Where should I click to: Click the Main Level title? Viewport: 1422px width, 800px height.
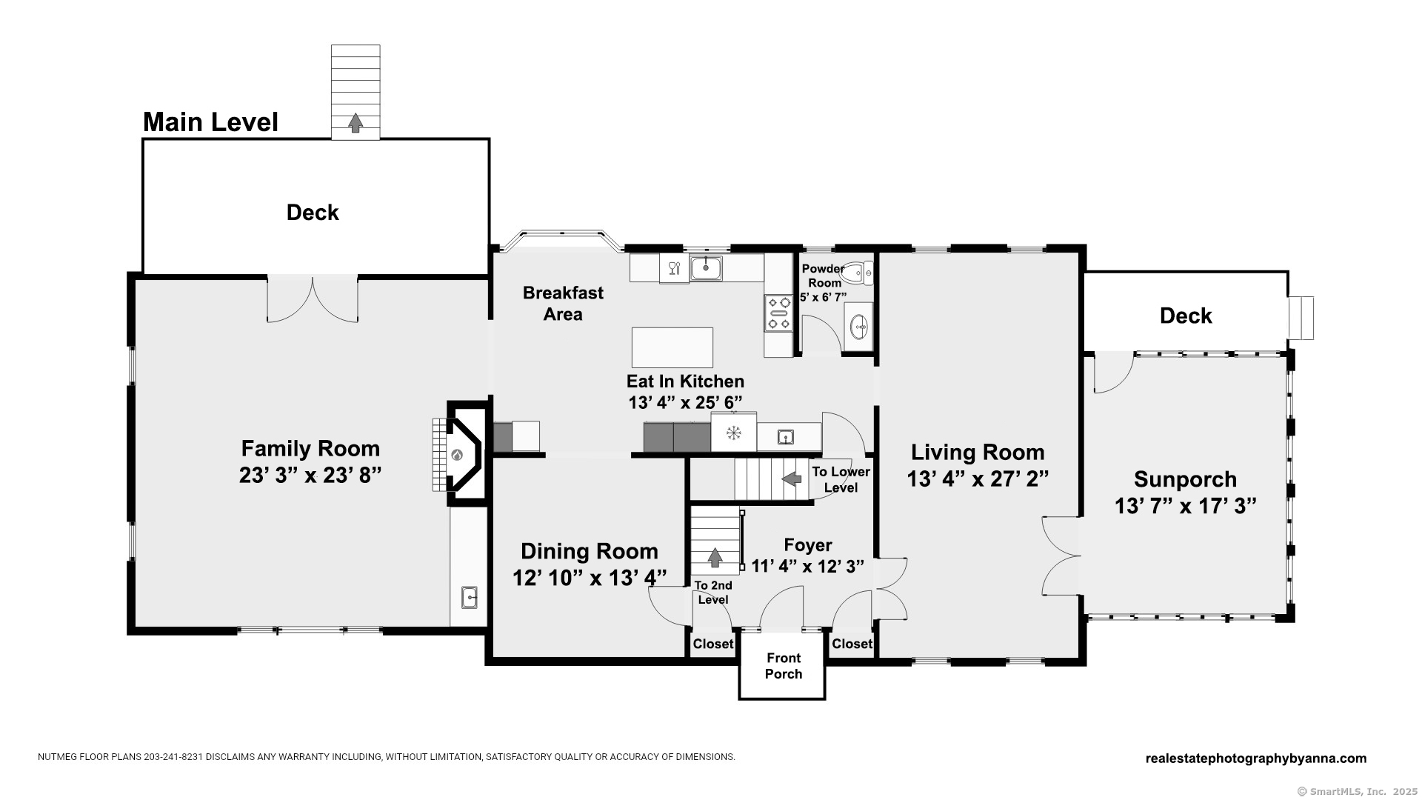click(x=210, y=122)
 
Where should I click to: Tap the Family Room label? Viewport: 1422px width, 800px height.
click(x=310, y=448)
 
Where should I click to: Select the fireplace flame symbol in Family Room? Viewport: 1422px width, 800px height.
click(x=457, y=454)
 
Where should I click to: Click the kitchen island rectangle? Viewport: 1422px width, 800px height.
click(x=672, y=347)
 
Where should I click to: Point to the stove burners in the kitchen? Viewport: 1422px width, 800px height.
click(x=778, y=313)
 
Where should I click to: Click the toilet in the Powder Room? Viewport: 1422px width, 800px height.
click(x=858, y=274)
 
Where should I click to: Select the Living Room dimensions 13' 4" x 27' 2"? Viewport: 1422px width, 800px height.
click(x=978, y=479)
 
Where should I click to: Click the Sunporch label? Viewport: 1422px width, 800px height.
click(x=1185, y=479)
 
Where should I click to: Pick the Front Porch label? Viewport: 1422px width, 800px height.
click(x=784, y=666)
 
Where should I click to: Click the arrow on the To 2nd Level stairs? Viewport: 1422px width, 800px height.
click(x=715, y=557)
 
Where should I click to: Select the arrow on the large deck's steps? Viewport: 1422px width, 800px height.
click(x=355, y=123)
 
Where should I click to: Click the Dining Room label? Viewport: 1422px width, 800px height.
click(x=590, y=551)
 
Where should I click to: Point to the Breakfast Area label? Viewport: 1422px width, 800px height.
click(x=563, y=304)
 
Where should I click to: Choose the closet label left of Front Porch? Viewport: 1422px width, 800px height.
click(x=712, y=644)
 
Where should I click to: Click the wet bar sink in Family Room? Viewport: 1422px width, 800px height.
click(x=470, y=596)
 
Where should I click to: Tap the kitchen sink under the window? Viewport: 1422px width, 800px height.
click(x=707, y=267)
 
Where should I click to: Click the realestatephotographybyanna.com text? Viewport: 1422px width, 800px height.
click(x=1256, y=758)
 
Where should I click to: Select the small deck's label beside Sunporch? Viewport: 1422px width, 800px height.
click(x=1186, y=316)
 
